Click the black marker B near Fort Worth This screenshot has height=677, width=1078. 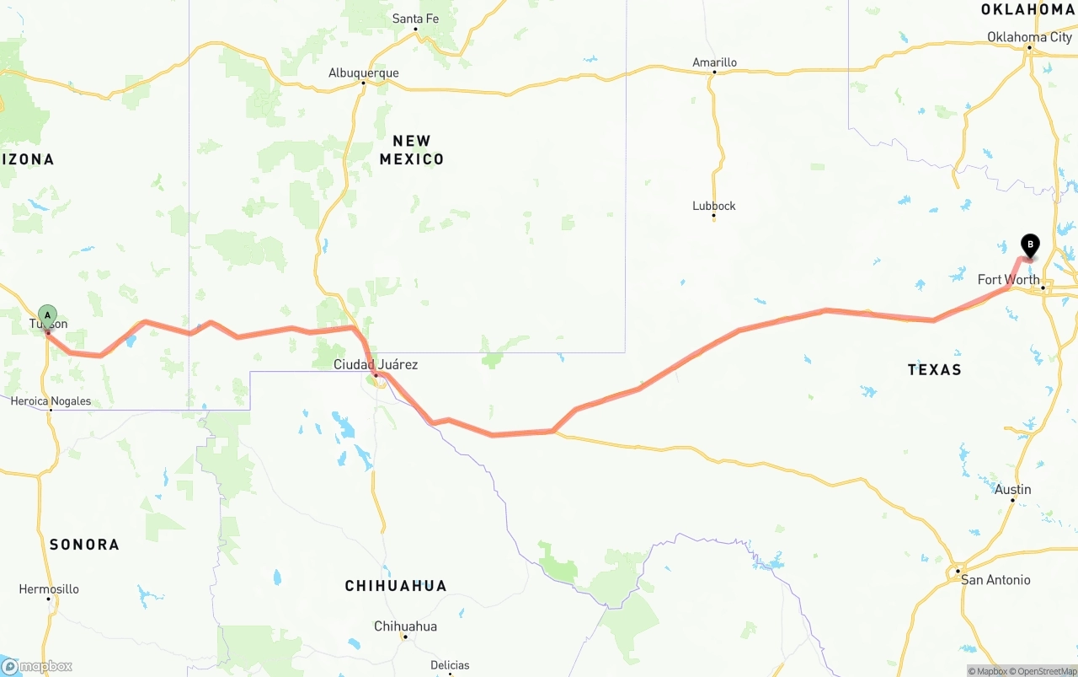(x=1029, y=244)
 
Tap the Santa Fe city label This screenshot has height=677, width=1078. (x=415, y=19)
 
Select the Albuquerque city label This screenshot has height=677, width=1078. (x=363, y=73)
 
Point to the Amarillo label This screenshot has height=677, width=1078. (x=714, y=62)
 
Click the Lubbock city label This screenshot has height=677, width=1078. (x=713, y=206)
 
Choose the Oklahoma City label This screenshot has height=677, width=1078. (x=1029, y=37)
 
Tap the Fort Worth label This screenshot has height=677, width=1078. (x=1008, y=280)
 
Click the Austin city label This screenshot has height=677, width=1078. (x=1012, y=490)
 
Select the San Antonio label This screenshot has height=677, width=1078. (x=995, y=580)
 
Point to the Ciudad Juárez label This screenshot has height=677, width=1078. (x=376, y=365)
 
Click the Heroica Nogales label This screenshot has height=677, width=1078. (x=51, y=401)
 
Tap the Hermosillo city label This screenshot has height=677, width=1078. (x=49, y=589)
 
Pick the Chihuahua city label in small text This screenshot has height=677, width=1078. (x=405, y=626)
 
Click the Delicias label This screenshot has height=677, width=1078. (x=450, y=665)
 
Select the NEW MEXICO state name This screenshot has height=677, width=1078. (x=412, y=150)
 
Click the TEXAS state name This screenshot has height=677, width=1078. (x=934, y=369)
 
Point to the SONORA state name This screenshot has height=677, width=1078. (x=84, y=545)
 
